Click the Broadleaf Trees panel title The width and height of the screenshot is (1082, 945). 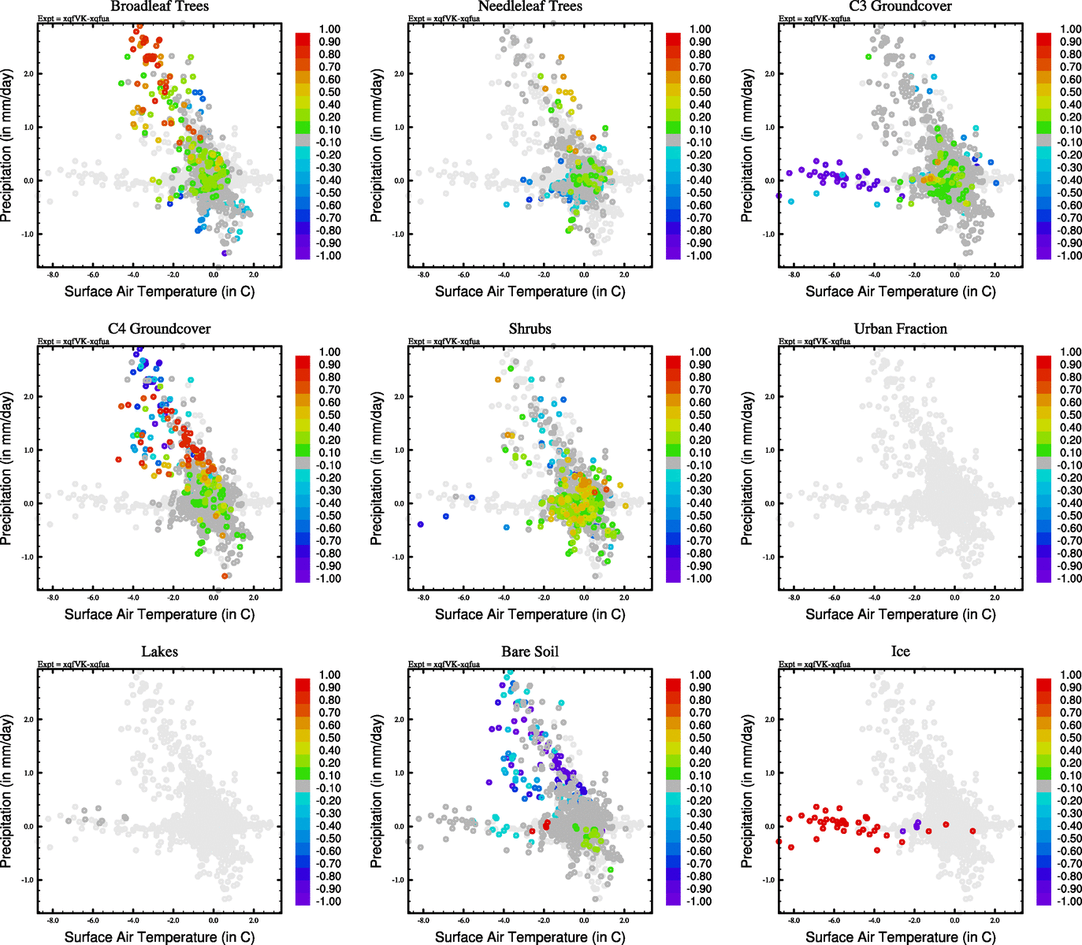(x=160, y=6)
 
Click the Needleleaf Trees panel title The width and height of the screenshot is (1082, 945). (x=530, y=6)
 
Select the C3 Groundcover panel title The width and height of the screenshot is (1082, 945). (x=900, y=6)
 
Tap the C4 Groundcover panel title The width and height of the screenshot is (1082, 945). (x=159, y=329)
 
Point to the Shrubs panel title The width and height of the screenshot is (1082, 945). (x=530, y=329)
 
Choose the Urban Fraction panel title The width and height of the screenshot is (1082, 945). (x=900, y=329)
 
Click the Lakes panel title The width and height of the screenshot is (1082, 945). (x=159, y=652)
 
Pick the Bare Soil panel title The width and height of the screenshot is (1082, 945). (x=530, y=652)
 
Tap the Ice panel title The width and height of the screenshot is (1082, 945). (x=900, y=652)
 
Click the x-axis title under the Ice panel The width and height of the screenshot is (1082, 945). (x=900, y=937)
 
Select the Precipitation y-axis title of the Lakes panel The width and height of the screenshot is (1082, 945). (x=7, y=791)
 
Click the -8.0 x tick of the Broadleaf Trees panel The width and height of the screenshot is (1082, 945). (x=53, y=275)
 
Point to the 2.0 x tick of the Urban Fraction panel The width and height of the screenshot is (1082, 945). (x=995, y=598)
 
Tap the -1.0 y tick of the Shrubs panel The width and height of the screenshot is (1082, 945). (x=399, y=557)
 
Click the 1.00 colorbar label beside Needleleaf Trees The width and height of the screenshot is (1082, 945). (x=700, y=29)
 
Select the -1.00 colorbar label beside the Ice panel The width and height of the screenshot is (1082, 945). (x=1070, y=901)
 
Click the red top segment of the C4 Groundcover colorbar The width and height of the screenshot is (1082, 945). (x=303, y=361)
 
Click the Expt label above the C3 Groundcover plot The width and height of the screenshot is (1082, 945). (x=814, y=18)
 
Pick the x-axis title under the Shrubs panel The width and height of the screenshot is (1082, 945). (x=530, y=614)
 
